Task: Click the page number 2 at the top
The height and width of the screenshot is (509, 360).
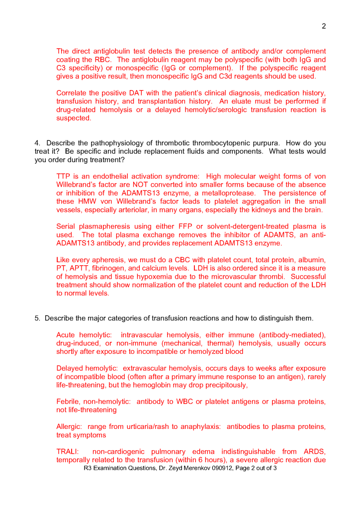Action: tap(324, 26)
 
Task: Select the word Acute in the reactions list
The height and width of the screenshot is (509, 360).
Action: tap(66, 335)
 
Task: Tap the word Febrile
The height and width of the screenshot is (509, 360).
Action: tap(69, 402)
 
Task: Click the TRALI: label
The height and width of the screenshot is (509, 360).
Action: tap(68, 452)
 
